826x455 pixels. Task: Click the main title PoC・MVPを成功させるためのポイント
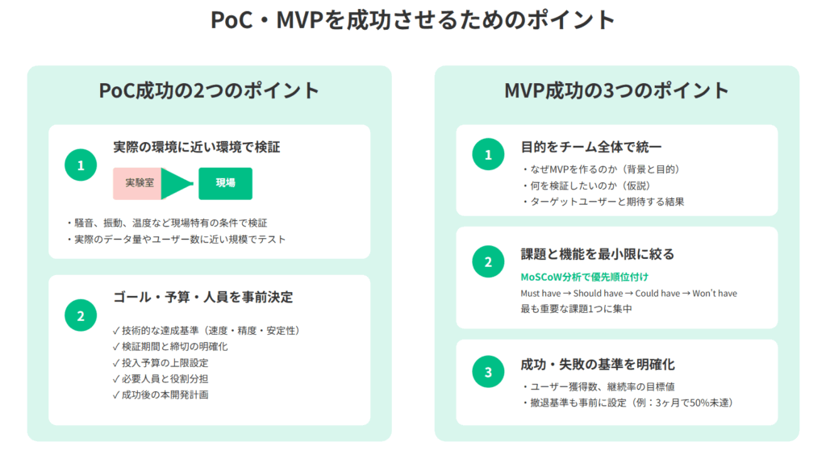413,20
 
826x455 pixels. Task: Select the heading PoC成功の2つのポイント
209,90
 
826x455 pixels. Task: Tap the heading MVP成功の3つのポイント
616,90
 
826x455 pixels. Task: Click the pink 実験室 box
138,183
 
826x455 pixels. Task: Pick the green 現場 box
226,183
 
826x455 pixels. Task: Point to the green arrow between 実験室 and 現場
177,183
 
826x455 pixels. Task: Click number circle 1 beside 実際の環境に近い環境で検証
81,165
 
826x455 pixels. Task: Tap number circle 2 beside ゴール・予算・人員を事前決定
81,315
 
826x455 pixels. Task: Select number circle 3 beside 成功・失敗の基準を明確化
488,372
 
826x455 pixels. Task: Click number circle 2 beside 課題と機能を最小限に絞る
488,261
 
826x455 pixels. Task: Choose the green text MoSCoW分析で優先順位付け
585,277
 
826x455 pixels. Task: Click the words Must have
540,294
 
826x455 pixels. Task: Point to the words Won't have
715,294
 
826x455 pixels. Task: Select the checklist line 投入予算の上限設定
161,363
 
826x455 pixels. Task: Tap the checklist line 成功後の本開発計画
161,395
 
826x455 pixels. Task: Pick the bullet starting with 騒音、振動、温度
167,223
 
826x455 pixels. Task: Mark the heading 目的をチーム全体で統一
591,147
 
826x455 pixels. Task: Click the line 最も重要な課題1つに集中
576,309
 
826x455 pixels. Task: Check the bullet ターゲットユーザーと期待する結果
603,202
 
